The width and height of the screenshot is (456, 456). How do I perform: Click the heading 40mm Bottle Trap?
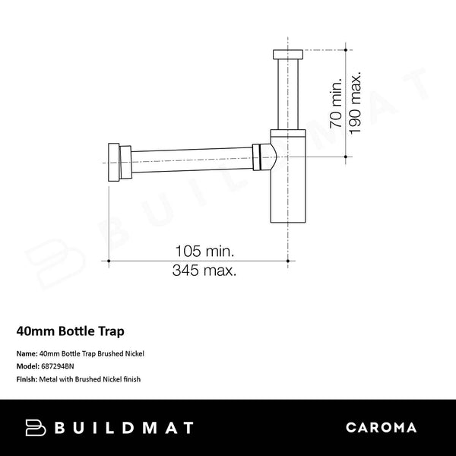70,331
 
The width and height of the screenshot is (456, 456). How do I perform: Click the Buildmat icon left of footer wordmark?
36,428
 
